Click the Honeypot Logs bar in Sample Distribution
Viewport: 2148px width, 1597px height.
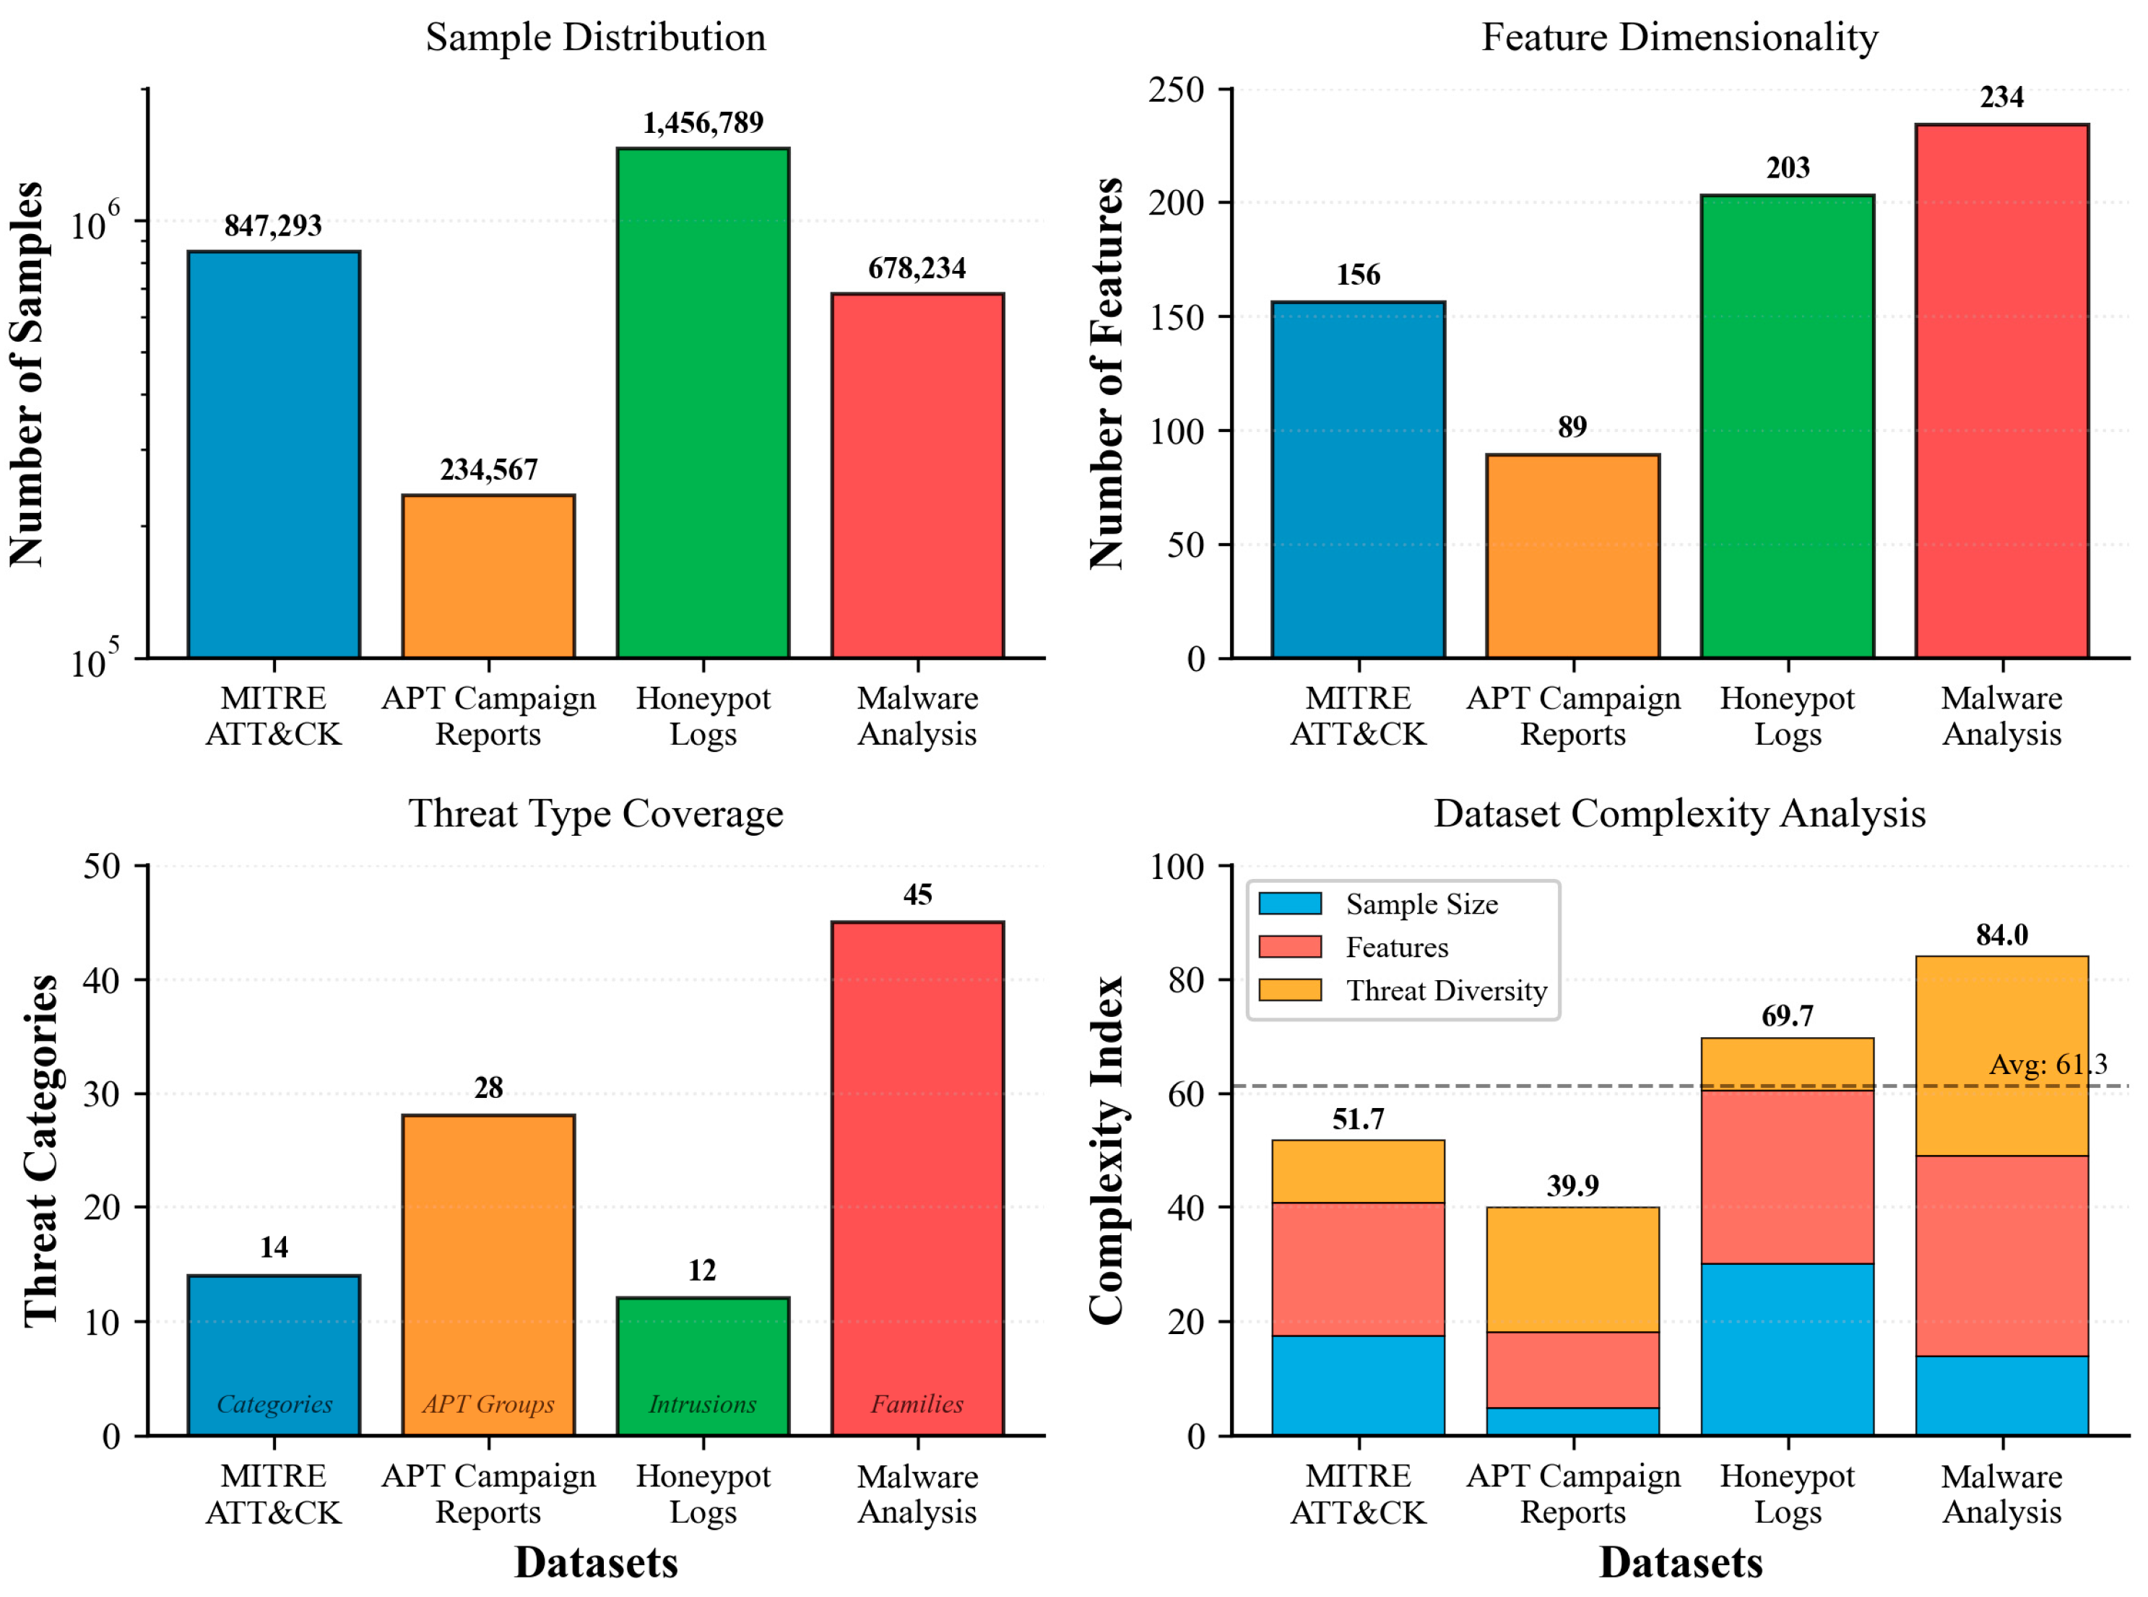coord(703,403)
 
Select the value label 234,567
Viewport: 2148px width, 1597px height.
coord(488,469)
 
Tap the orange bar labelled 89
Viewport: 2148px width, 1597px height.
coord(1573,556)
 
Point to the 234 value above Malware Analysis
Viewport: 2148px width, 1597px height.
coord(2001,98)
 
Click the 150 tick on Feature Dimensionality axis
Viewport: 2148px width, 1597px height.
coord(1177,317)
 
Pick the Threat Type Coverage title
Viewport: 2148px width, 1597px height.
coord(595,814)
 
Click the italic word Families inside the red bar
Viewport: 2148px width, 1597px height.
coord(917,1403)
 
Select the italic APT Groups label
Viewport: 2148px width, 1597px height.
coord(488,1403)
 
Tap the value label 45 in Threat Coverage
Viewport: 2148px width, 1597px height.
coord(917,895)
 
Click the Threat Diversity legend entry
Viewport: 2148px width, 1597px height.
coord(1446,991)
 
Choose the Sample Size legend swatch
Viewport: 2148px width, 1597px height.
coord(1289,904)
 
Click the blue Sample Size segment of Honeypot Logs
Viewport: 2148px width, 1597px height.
coord(1788,1349)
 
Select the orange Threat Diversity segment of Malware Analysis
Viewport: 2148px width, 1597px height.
coord(2001,1056)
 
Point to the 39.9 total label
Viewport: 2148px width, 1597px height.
coord(1573,1185)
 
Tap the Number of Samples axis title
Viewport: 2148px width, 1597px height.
coord(26,374)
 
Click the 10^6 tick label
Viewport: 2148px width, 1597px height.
coord(95,223)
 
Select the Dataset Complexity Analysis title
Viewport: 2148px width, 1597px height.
coord(1679,814)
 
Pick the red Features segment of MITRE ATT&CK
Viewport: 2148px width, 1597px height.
coord(1358,1269)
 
